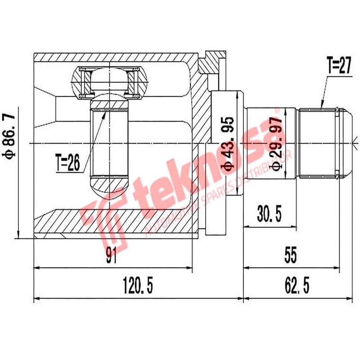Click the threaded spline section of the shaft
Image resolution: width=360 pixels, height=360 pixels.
click(x=317, y=142)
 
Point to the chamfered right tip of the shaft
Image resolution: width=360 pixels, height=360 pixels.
click(x=346, y=142)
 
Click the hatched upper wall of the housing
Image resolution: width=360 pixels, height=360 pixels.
click(x=112, y=57)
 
